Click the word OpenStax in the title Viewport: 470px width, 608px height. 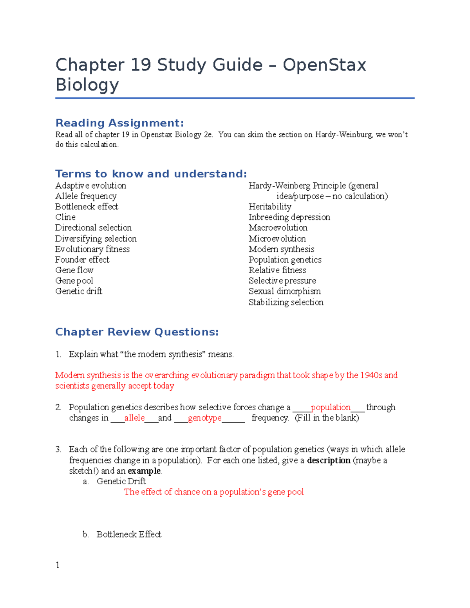(324, 65)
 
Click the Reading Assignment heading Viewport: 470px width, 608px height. (119, 123)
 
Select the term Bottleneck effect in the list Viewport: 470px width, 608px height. (87, 207)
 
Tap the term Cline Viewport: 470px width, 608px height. (65, 217)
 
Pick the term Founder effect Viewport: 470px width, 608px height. (82, 260)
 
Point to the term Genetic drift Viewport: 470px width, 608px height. (79, 291)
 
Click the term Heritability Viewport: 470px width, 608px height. (270, 207)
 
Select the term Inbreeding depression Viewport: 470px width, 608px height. (289, 217)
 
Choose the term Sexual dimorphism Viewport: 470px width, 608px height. (284, 291)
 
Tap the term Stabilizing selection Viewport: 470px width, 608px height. (286, 302)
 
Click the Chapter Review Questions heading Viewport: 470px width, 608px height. (137, 332)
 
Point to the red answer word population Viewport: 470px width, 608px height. (331, 408)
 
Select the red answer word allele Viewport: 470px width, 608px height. (134, 418)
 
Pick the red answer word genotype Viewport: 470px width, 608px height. (204, 418)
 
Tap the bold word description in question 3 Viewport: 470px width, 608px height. (329, 460)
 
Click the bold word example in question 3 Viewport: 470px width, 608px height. (144, 471)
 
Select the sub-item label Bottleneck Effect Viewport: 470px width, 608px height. (129, 534)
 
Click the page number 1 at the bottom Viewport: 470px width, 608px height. (58, 565)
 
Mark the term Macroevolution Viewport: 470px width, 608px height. (278, 228)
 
